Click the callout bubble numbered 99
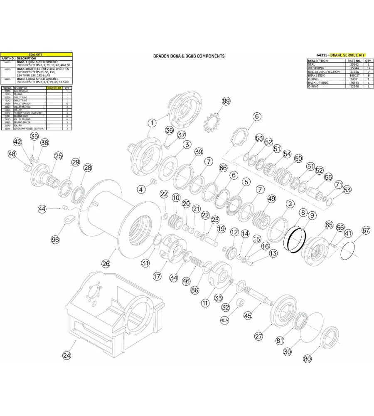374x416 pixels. (226, 102)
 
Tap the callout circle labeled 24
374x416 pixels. (66, 355)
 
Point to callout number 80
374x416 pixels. (307, 359)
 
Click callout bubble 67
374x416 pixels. (366, 230)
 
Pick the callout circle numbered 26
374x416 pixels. (106, 263)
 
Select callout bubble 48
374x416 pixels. (12, 154)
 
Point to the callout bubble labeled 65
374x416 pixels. (329, 225)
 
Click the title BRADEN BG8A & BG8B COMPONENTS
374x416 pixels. (189, 56)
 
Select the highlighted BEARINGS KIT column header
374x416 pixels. (54, 88)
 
